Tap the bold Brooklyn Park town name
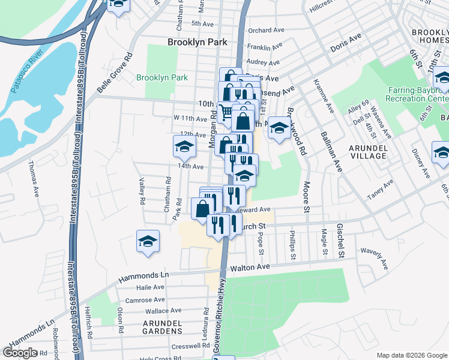(197, 42)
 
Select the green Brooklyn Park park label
(162, 78)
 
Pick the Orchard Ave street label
(266, 30)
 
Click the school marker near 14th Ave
(185, 146)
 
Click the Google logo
(20, 353)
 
